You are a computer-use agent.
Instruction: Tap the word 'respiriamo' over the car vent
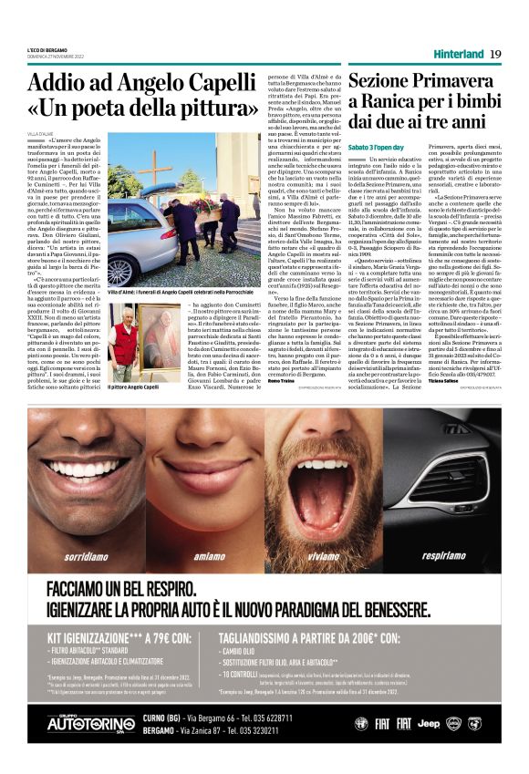tap(443, 554)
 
